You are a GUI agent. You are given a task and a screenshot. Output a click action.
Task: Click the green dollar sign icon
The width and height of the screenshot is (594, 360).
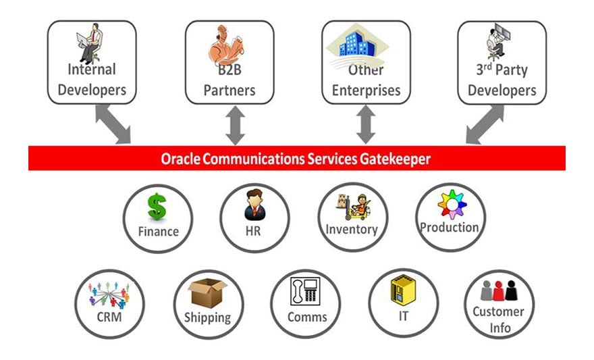157,206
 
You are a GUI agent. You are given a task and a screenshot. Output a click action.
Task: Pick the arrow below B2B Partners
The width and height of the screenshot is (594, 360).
234,126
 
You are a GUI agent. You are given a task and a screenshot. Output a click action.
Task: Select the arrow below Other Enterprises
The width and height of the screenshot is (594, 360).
366,126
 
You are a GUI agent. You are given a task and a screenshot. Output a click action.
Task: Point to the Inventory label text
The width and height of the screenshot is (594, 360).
351,229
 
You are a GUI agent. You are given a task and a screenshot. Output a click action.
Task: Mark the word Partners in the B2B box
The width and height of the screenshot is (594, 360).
230,90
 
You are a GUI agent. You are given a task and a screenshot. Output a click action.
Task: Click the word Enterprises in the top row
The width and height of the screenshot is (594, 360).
366,90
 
